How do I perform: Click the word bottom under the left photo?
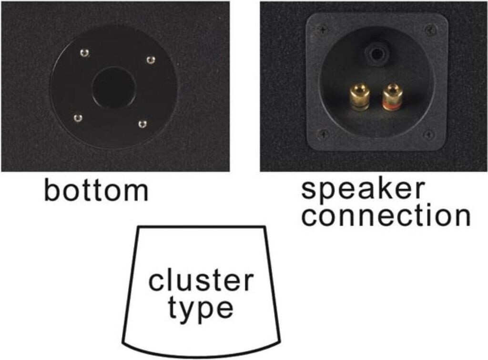[x=96, y=190]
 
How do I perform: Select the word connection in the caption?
[x=386, y=215]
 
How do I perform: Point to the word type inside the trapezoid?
[x=201, y=308]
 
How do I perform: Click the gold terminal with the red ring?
[x=391, y=97]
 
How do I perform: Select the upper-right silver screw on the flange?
[x=151, y=60]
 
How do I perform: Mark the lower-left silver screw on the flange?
[x=78, y=118]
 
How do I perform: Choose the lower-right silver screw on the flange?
[x=142, y=124]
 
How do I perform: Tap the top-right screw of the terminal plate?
[x=430, y=30]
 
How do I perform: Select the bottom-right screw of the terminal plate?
[x=429, y=135]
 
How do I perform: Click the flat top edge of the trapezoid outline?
[x=202, y=227]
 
